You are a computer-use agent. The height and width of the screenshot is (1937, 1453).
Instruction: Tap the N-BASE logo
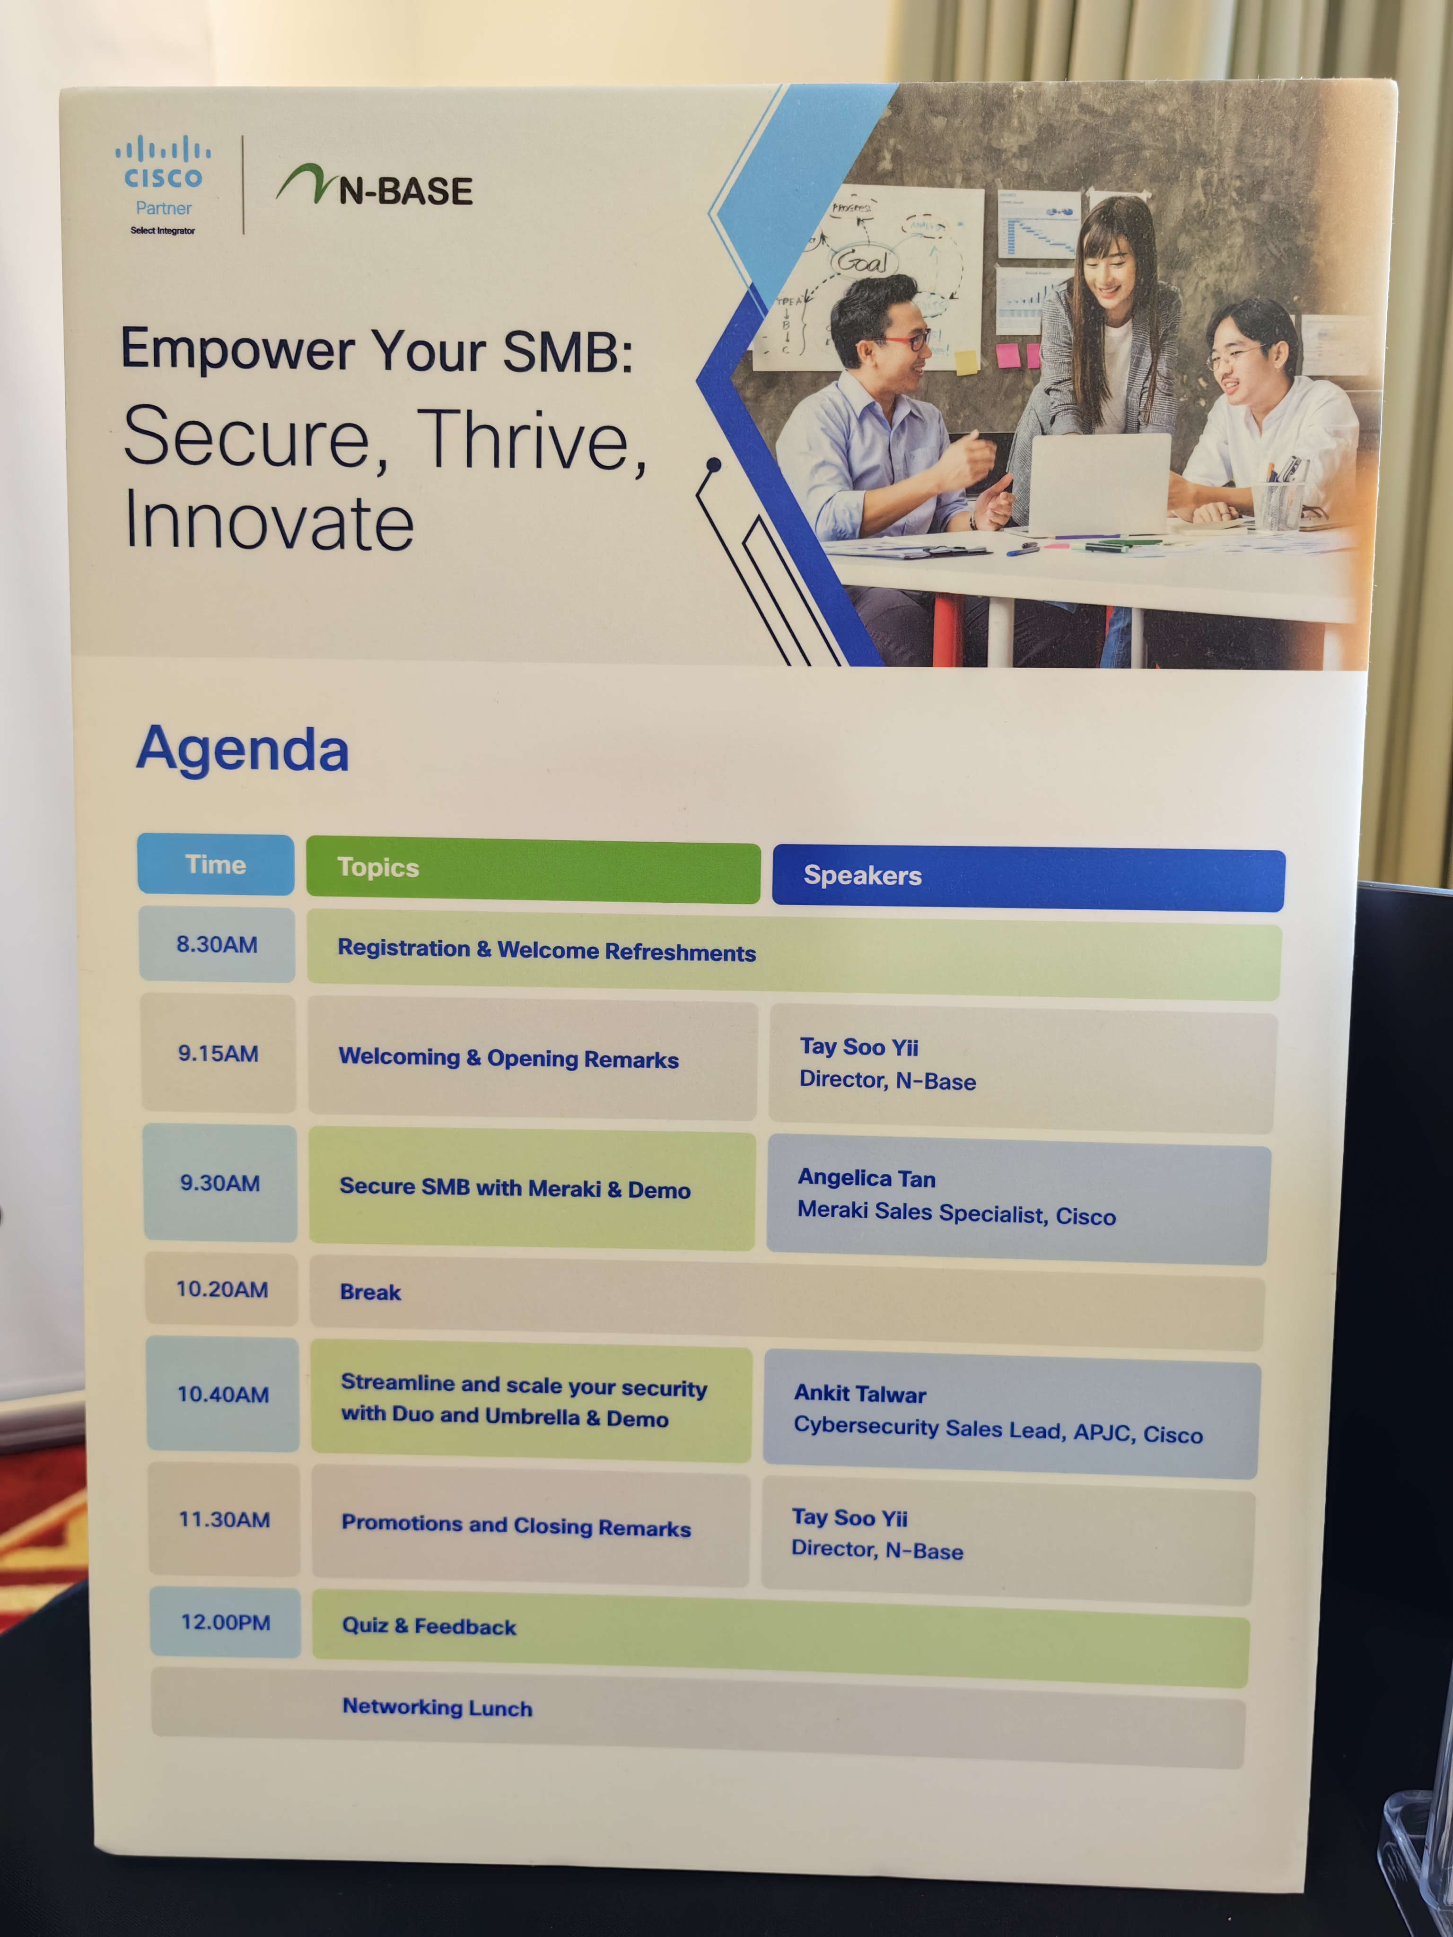point(375,186)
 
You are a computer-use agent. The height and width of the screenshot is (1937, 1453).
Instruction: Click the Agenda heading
point(243,750)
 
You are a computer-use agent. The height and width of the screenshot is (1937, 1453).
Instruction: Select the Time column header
point(216,864)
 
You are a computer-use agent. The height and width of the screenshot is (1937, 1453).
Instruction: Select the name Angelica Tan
point(866,1178)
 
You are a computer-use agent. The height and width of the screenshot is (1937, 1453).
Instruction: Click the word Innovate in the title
point(269,520)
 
